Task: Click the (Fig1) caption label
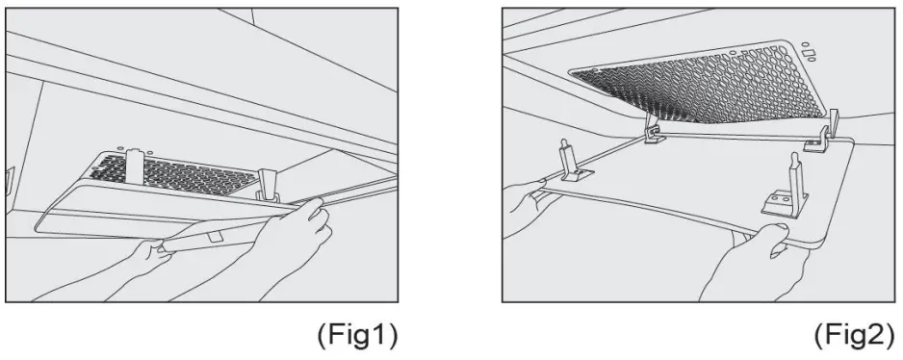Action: click(356, 336)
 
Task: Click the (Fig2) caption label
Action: click(853, 336)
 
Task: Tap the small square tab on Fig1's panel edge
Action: click(215, 235)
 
